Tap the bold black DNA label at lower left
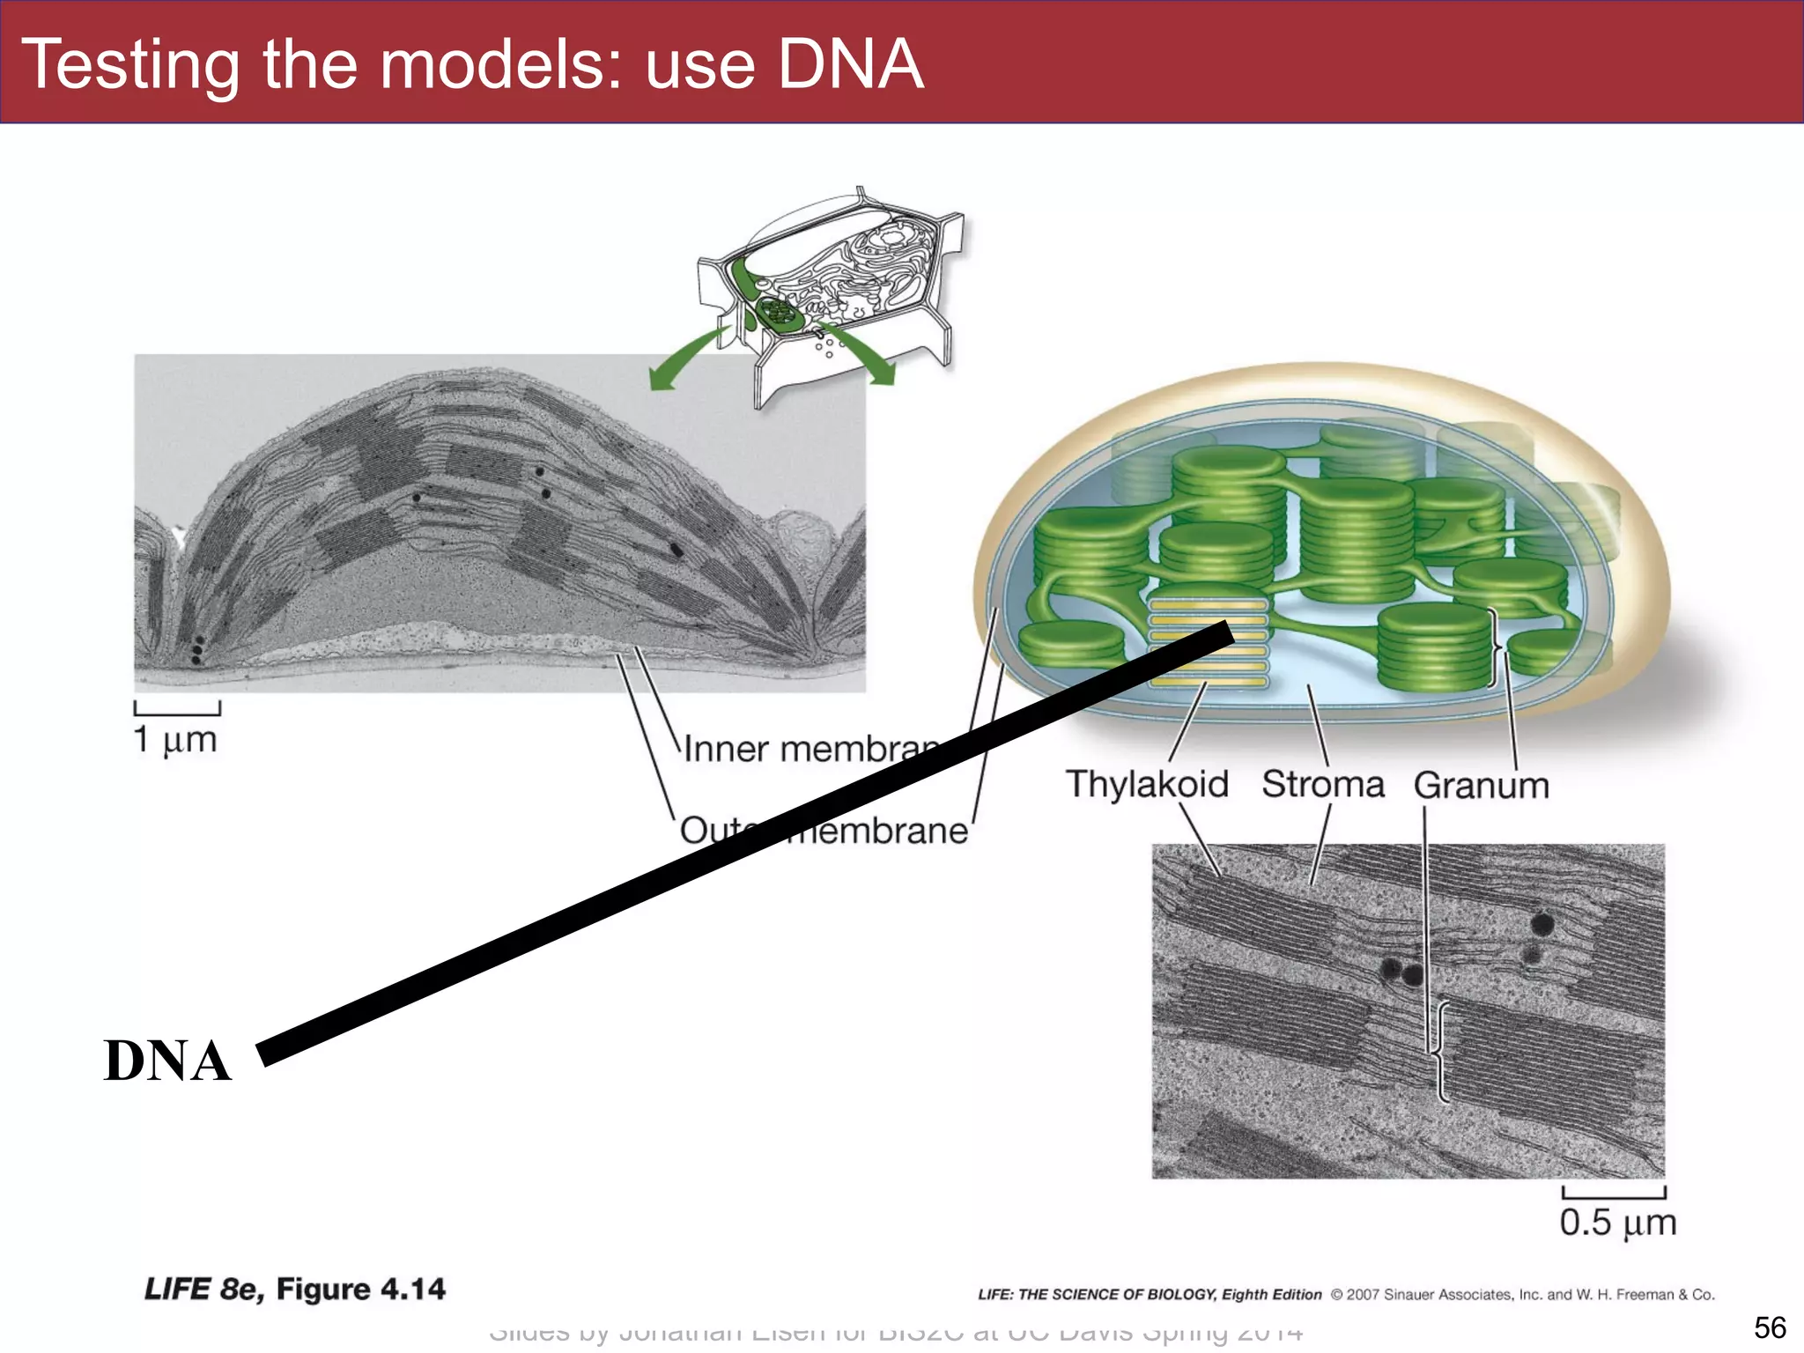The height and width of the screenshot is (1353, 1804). pyautogui.click(x=167, y=1061)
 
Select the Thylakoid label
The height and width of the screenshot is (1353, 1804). pyautogui.click(x=1146, y=784)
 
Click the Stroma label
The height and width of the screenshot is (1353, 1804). pyautogui.click(x=1322, y=784)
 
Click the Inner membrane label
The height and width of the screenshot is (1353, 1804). pyautogui.click(x=810, y=750)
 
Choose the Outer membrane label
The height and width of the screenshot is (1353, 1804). pyautogui.click(x=824, y=831)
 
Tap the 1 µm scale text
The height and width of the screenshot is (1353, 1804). pyautogui.click(x=175, y=740)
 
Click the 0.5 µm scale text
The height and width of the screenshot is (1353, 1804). pyautogui.click(x=1617, y=1223)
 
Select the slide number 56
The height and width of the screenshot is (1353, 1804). pyautogui.click(x=1770, y=1327)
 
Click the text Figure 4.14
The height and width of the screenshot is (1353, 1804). pyautogui.click(x=360, y=1290)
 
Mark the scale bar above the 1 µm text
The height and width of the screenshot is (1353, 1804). pyautogui.click(x=177, y=709)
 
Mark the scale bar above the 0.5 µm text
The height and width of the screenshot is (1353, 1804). pyautogui.click(x=1614, y=1194)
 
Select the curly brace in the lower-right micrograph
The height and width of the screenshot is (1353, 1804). pyautogui.click(x=1442, y=1051)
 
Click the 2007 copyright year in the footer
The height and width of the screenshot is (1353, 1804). pyautogui.click(x=1363, y=1295)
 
